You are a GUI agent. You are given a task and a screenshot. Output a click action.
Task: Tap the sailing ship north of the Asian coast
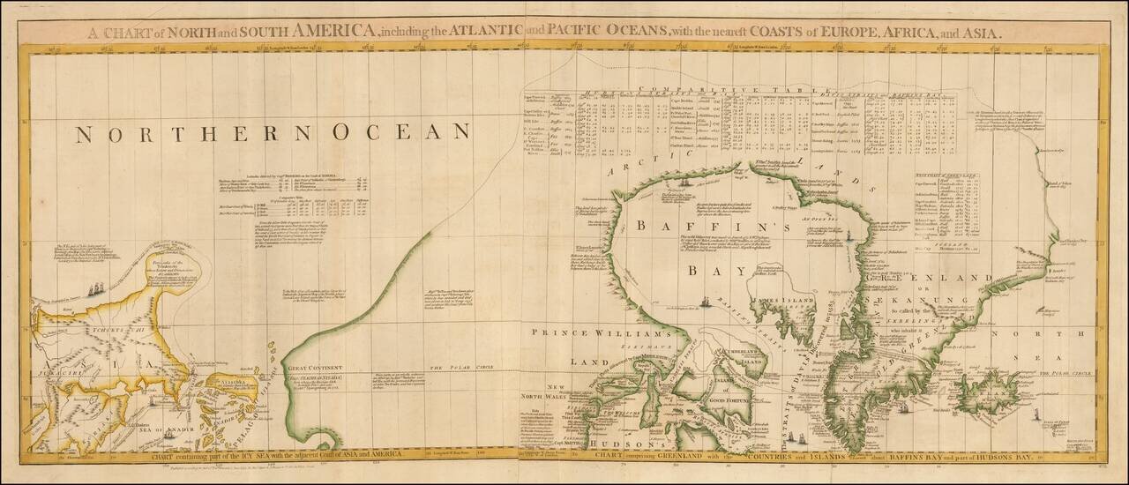click(95, 287)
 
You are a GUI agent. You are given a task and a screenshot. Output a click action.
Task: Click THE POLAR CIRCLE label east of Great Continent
click(459, 367)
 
